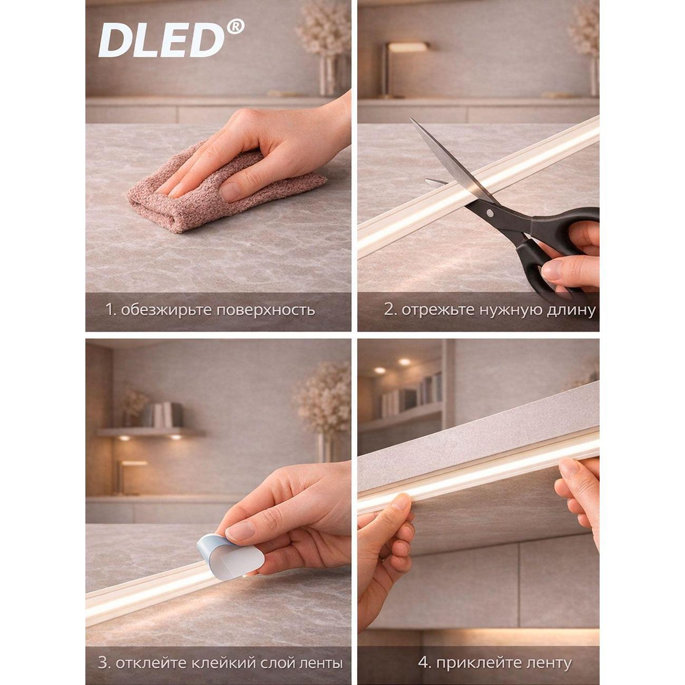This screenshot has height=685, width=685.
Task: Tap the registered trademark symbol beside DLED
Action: (236, 27)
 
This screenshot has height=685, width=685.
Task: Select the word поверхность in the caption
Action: (266, 310)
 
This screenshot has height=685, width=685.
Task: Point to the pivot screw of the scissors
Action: (490, 213)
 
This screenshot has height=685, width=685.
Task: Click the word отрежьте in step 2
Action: (439, 310)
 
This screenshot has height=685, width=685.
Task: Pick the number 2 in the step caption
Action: (390, 310)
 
